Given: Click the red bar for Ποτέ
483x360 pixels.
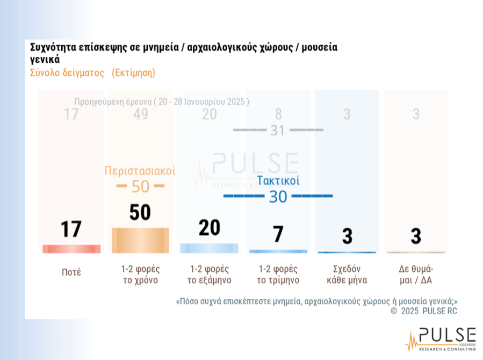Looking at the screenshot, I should click(x=71, y=249).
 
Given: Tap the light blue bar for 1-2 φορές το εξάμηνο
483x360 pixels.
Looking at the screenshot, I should click(x=209, y=248).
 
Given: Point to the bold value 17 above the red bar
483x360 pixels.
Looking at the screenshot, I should click(x=71, y=229).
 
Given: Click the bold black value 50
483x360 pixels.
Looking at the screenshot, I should click(x=140, y=213).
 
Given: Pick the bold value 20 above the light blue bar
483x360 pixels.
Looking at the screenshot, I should click(x=209, y=228).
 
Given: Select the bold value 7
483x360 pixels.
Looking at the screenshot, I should click(x=278, y=235).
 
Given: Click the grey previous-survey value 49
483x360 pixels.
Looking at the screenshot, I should click(x=140, y=114).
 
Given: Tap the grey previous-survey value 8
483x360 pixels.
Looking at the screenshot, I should click(x=278, y=114).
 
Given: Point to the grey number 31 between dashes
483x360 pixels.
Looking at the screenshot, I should click(x=277, y=130).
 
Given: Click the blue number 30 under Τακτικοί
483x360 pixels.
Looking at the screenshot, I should click(x=278, y=197).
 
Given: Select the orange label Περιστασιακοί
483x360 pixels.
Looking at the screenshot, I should click(x=140, y=171).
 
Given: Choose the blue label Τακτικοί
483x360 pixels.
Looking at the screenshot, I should click(x=278, y=181).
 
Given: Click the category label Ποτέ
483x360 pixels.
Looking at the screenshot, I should click(x=71, y=272).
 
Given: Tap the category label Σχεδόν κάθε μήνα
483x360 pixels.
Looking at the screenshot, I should click(x=347, y=274).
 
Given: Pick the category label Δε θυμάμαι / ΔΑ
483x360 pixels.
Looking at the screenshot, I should click(x=415, y=274).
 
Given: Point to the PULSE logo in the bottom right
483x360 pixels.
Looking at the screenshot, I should click(x=440, y=339).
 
